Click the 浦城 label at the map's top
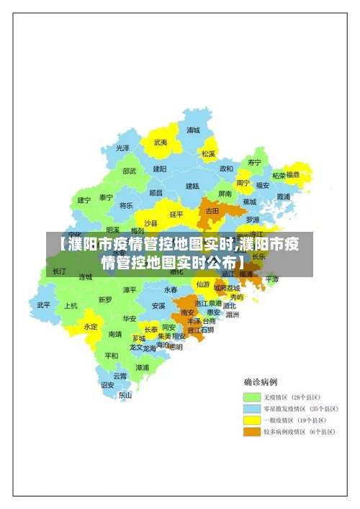193,130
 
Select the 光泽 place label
123,148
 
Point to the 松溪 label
208,153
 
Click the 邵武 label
129,171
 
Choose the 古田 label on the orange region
212,211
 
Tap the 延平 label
176,214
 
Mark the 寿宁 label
254,162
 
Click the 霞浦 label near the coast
283,196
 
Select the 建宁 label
84,199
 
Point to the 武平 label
44,305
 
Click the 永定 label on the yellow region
91,326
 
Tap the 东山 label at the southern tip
125,395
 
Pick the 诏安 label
107,384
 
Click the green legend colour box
251,397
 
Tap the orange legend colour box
251,431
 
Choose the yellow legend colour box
251,420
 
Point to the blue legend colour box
251,408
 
